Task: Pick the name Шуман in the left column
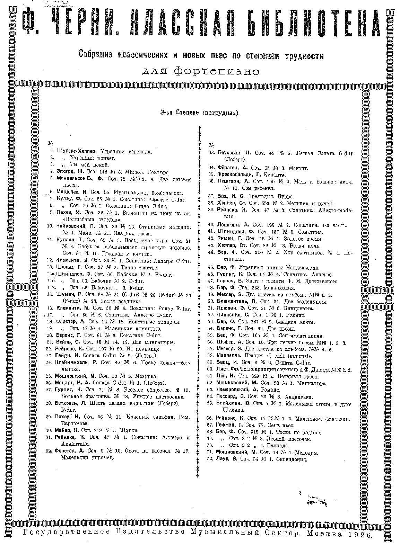click(x=63, y=294)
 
